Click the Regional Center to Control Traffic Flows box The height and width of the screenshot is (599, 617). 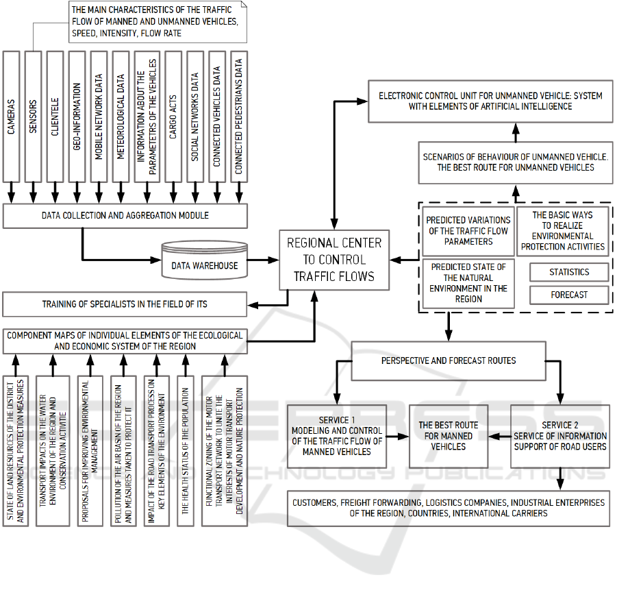(335, 259)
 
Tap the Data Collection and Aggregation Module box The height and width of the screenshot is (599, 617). (125, 216)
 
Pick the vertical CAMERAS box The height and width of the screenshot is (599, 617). (12, 125)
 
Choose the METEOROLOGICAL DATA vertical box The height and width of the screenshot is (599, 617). (121, 125)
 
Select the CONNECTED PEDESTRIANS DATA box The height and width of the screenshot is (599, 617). (239, 125)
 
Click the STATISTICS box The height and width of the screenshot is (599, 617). (569, 272)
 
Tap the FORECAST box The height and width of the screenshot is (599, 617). (569, 295)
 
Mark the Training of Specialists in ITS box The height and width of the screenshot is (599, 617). (125, 304)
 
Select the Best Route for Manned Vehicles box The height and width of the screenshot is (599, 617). (449, 436)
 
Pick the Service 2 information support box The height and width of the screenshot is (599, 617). (560, 436)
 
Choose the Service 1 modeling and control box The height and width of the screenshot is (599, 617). (336, 436)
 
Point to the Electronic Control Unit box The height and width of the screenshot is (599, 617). (491, 101)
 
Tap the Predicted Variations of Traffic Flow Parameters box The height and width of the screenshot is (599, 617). (468, 231)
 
